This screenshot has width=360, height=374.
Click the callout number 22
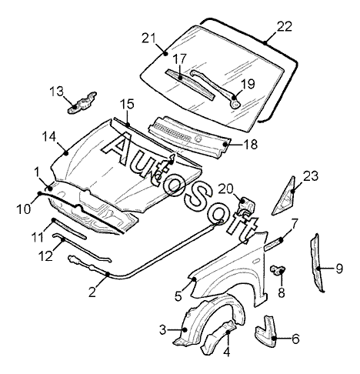pyautogui.click(x=285, y=27)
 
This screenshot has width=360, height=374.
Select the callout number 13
pyautogui.click(x=56, y=91)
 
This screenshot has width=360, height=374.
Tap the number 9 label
pyautogui.click(x=339, y=269)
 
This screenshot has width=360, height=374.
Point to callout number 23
pyautogui.click(x=311, y=176)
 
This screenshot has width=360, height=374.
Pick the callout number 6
pyautogui.click(x=295, y=339)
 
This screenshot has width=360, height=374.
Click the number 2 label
pyautogui.click(x=92, y=292)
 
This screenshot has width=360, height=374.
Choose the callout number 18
pyautogui.click(x=250, y=145)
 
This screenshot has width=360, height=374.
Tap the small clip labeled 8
pyautogui.click(x=278, y=270)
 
